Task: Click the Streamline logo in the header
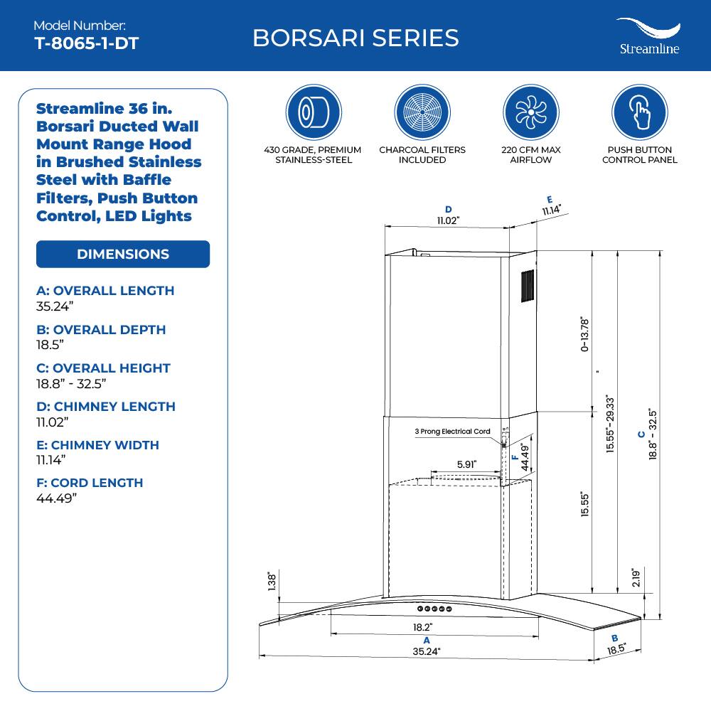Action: [648, 36]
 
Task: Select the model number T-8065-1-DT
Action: [86, 43]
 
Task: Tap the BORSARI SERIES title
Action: [355, 38]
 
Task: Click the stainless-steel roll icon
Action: [309, 114]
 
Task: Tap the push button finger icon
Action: [639, 114]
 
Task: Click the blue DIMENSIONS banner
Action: [123, 254]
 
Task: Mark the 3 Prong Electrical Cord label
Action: [453, 432]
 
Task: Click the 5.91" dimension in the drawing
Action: [466, 464]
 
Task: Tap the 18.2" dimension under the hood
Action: [422, 628]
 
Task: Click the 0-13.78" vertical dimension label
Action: [585, 334]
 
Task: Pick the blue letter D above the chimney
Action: [448, 209]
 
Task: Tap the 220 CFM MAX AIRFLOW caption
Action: [531, 155]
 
